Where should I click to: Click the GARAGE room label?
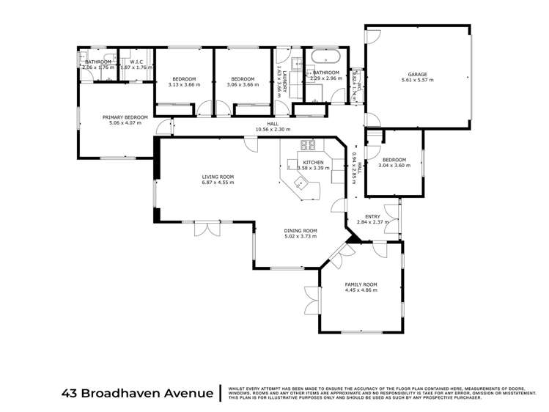point(417,73)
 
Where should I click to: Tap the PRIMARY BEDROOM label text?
point(125,117)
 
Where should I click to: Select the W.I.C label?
point(136,62)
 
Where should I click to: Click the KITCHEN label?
point(313,162)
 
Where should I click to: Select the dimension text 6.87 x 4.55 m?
point(218,183)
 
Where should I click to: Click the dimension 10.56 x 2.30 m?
point(273,129)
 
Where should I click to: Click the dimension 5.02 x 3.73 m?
point(300,237)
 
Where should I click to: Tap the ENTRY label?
point(373,216)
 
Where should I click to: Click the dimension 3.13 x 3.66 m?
point(184,85)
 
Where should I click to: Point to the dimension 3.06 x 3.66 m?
point(243,85)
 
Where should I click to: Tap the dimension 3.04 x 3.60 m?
point(394,165)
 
